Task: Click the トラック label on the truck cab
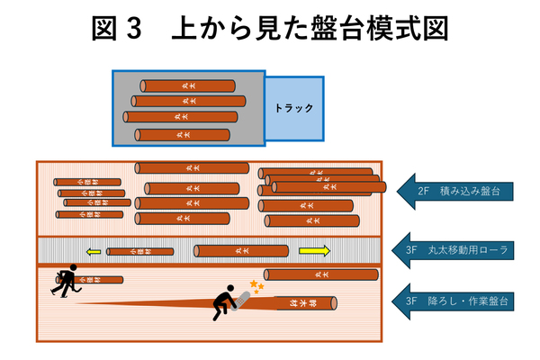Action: [294, 108]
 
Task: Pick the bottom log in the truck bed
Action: [176, 135]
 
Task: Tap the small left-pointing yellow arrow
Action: [94, 251]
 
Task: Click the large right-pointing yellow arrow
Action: [315, 250]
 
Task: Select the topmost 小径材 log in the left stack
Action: [86, 182]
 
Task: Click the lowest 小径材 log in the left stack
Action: [89, 215]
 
